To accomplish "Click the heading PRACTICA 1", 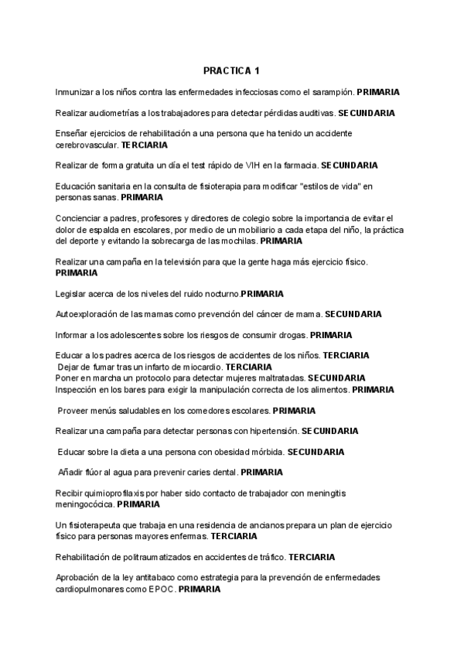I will coord(232,71).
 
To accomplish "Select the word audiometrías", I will coord(108,113).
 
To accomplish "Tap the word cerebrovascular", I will coord(87,145).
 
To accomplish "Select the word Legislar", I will coord(73,294).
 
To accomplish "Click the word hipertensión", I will coord(270,430).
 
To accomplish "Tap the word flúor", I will coord(99,472).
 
